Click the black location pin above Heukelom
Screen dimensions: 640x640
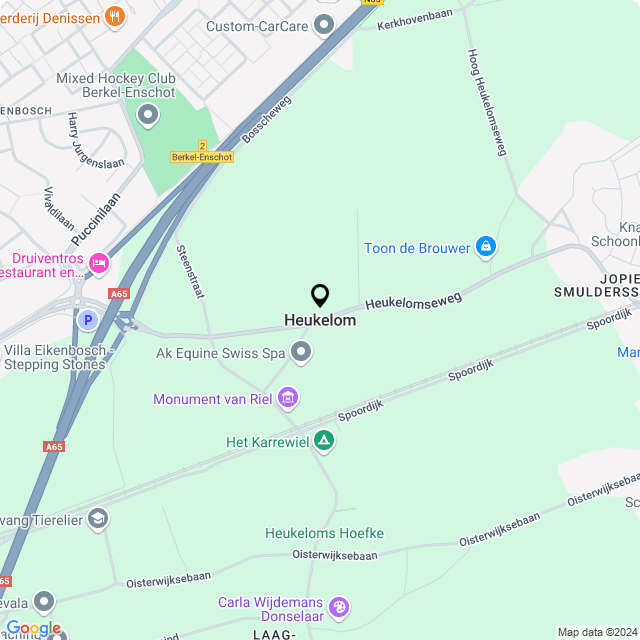pyautogui.click(x=320, y=296)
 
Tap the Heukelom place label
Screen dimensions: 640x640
pyautogui.click(x=320, y=321)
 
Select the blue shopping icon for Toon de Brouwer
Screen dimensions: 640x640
pyautogui.click(x=486, y=247)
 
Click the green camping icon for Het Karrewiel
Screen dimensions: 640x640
pyautogui.click(x=324, y=440)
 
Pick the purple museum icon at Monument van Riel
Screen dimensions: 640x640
pyautogui.click(x=288, y=399)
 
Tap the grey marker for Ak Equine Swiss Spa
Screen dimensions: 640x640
pyautogui.click(x=301, y=352)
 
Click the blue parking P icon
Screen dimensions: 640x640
pyautogui.click(x=88, y=321)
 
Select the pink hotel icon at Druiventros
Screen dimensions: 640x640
pyautogui.click(x=99, y=263)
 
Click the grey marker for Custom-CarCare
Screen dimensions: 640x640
pyautogui.click(x=324, y=24)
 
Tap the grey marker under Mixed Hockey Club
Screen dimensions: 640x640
pyautogui.click(x=149, y=116)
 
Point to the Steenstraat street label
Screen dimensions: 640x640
pyautogui.click(x=189, y=269)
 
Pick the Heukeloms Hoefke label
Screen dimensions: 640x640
pyautogui.click(x=324, y=533)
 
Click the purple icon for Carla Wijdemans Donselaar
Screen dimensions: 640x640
pyautogui.click(x=339, y=607)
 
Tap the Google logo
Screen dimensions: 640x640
pyautogui.click(x=32, y=628)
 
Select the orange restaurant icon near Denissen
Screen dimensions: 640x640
pyautogui.click(x=116, y=16)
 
